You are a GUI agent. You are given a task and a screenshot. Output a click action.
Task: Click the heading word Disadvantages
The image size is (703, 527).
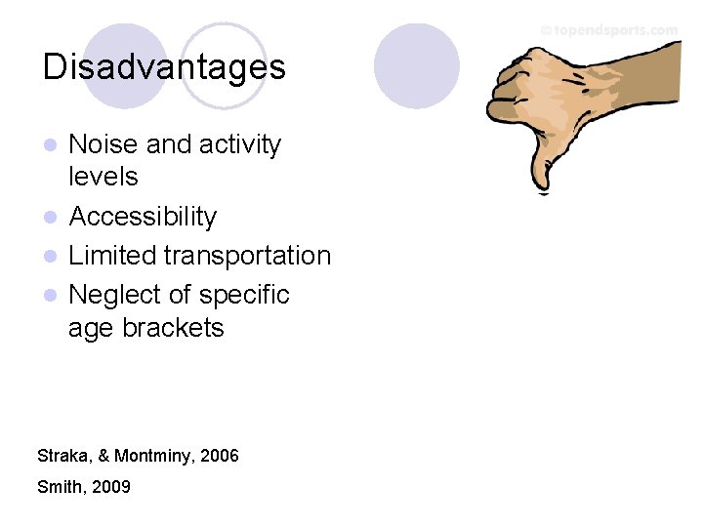click(164, 67)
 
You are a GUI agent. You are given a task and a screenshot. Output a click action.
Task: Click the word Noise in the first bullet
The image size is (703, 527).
click(103, 144)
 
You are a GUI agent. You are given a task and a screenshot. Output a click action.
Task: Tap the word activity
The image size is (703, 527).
click(239, 144)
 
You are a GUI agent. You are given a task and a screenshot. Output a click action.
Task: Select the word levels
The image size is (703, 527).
click(103, 177)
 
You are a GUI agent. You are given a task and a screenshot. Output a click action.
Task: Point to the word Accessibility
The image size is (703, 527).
click(143, 217)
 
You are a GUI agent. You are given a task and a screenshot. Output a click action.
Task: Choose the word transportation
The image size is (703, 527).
click(247, 256)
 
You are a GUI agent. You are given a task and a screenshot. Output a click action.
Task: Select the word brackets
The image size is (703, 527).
click(173, 328)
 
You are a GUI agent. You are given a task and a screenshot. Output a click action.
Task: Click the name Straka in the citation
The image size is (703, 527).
click(60, 456)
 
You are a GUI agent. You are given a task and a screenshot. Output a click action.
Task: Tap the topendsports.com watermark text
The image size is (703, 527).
click(609, 30)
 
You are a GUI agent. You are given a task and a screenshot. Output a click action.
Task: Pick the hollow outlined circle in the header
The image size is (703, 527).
click(224, 66)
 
